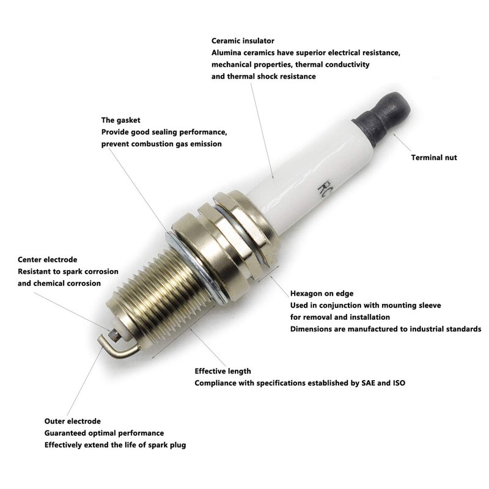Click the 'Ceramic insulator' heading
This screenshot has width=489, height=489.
tap(243, 41)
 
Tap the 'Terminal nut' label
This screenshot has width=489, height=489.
tap(434, 158)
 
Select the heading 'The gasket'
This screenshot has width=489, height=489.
tap(120, 120)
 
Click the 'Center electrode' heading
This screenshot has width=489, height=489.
tap(48, 259)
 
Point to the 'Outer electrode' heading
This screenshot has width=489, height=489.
tap(72, 421)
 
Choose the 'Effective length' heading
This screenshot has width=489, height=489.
tap(222, 371)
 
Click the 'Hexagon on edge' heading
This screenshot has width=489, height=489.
tap(322, 293)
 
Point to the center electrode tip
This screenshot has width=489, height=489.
tap(114, 335)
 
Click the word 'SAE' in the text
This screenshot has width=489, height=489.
tap(369, 383)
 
